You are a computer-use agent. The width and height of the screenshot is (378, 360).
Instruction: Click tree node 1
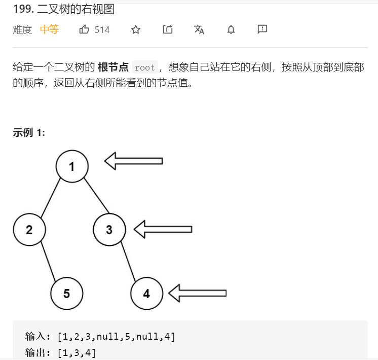tap(72, 166)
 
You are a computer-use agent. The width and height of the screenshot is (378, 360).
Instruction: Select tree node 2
tap(29, 230)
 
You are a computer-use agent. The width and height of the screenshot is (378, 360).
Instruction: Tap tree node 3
tap(109, 230)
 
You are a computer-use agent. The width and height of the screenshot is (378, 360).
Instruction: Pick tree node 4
tap(146, 293)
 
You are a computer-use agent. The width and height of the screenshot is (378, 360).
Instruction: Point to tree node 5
tap(66, 293)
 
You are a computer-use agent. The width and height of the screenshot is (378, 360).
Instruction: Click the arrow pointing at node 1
tap(134, 161)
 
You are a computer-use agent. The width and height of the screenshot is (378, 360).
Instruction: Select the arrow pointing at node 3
tap(163, 229)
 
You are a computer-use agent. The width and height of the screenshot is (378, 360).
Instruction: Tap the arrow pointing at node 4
tap(197, 293)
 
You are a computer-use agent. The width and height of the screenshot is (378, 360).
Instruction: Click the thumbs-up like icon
tap(84, 29)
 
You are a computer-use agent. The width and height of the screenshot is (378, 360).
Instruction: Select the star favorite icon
tap(135, 29)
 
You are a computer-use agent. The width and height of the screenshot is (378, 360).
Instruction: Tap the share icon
tap(168, 29)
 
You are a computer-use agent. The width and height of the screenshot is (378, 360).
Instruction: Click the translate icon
tap(199, 29)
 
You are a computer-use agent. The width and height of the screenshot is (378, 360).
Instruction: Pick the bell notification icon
tap(231, 29)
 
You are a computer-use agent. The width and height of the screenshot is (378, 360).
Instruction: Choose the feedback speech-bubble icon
tap(262, 29)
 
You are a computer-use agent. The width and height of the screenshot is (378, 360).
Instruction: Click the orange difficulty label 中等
tap(50, 29)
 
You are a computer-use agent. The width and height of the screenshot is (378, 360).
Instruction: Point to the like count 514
tap(102, 30)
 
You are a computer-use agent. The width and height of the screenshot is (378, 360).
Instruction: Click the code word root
tap(145, 67)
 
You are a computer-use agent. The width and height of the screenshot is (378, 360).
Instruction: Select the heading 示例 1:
tap(29, 132)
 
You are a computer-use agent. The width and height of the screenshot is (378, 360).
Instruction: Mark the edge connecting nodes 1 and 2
tap(51, 198)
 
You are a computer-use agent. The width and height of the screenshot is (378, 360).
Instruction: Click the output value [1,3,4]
tap(77, 352)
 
